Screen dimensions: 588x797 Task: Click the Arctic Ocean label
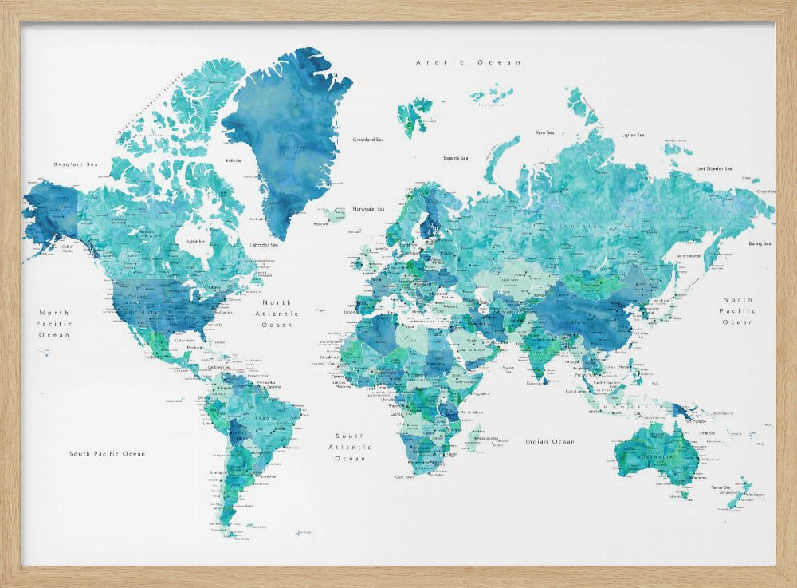coord(469,62)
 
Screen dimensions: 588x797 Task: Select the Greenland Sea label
coord(368,140)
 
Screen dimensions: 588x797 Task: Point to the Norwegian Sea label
coord(369,209)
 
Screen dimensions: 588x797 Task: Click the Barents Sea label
coord(455,159)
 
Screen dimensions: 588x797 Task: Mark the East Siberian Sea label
coord(713,168)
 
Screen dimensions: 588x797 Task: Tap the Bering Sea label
coord(760,243)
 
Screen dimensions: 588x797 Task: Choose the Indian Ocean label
coord(550,441)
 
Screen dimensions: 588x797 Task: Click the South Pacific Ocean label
coord(107,454)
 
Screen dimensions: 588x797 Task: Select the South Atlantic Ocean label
coord(350,448)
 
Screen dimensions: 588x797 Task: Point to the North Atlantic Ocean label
coord(277,314)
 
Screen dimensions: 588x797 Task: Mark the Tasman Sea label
coord(720,487)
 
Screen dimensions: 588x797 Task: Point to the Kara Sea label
coord(545,132)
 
